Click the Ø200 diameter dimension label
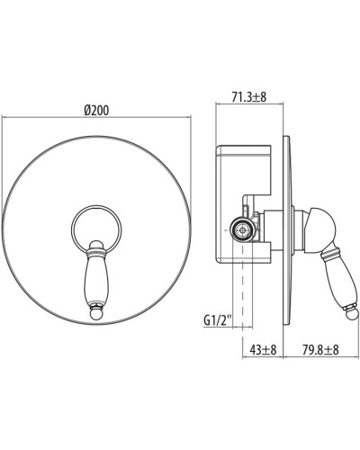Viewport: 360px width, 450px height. coord(97,107)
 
